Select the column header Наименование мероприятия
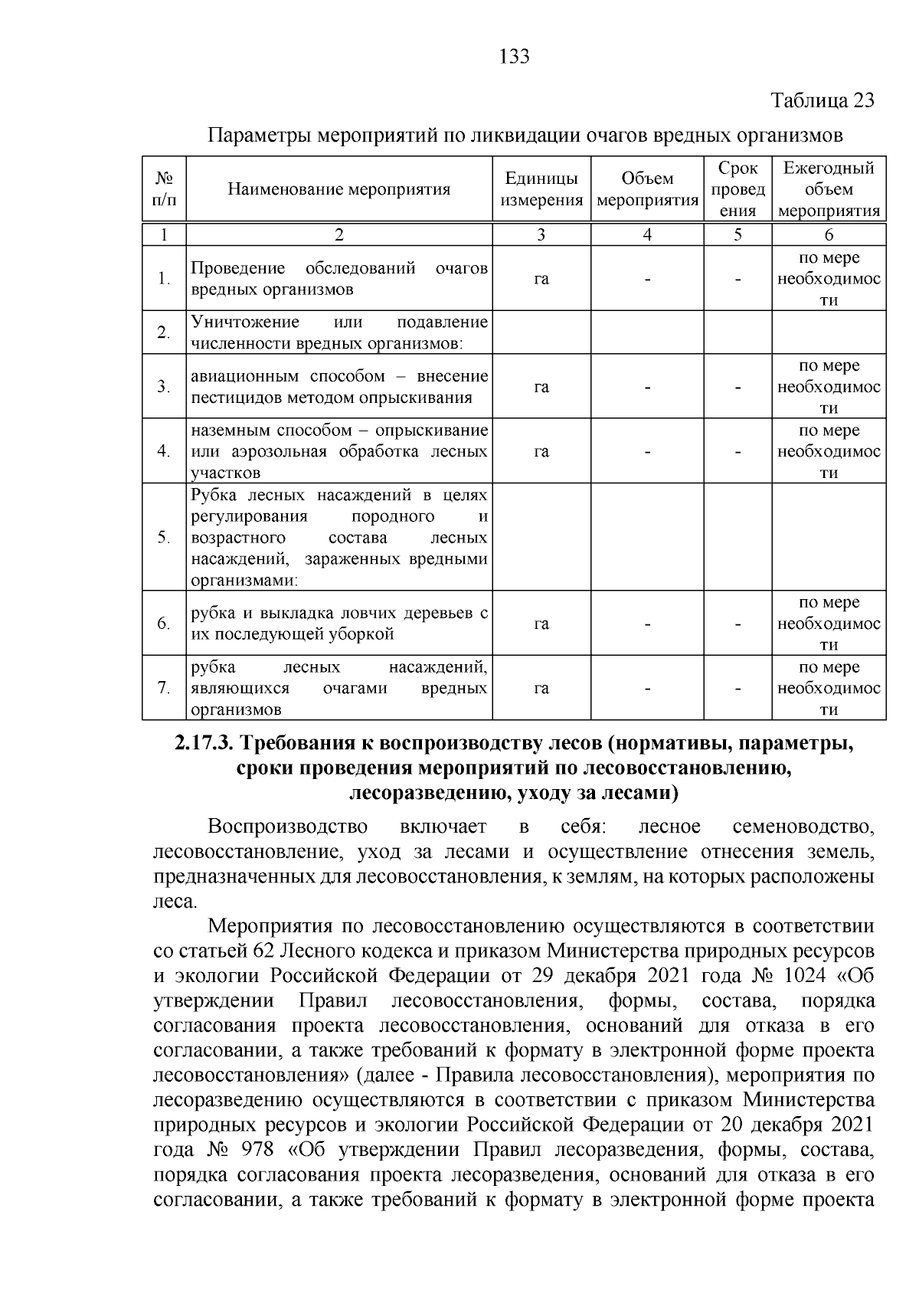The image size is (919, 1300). (339, 189)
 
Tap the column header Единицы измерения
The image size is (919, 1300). (541, 189)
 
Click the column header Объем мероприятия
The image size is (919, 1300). (647, 189)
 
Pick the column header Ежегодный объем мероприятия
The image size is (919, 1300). (829, 189)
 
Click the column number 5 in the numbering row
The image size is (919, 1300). (737, 235)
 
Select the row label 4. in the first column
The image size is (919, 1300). (164, 451)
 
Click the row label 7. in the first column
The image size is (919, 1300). (164, 688)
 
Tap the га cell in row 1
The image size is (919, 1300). (541, 279)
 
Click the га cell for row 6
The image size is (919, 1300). (541, 624)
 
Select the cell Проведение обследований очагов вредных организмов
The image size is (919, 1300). (338, 279)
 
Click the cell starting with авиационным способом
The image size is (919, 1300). (338, 387)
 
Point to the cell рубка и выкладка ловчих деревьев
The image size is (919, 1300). (338, 624)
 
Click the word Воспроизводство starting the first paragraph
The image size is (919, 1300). (287, 827)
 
